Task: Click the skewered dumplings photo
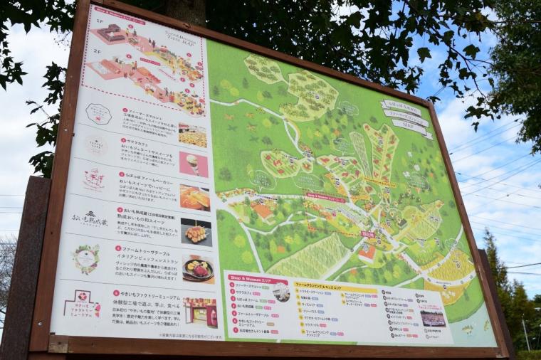point(196,232)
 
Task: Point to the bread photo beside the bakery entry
point(194,198)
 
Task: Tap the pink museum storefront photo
point(201,311)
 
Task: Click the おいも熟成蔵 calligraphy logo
point(89,218)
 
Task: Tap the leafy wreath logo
point(85,258)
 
